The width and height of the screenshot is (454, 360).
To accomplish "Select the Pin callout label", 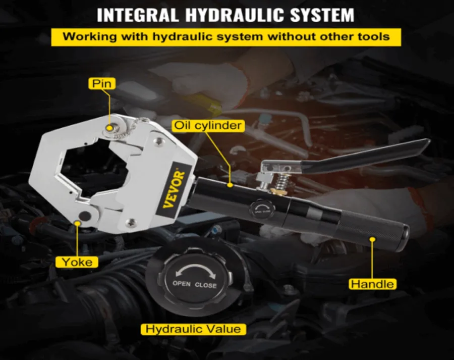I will click(x=101, y=83).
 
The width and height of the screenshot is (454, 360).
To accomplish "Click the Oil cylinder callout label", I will click(x=209, y=125).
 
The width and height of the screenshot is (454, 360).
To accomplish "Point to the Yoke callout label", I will click(x=77, y=261).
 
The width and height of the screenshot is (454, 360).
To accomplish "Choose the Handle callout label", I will click(x=373, y=284).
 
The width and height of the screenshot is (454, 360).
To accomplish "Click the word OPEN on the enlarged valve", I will click(x=182, y=284).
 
